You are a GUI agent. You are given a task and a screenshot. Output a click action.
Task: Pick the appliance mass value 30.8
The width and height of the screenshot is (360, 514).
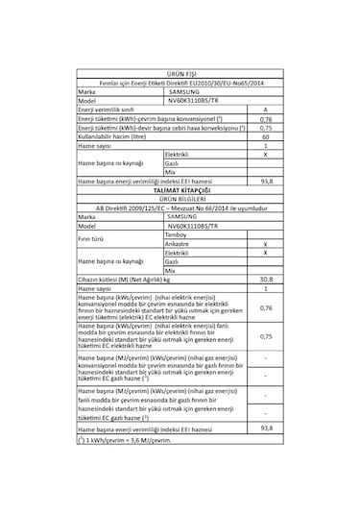click(x=264, y=278)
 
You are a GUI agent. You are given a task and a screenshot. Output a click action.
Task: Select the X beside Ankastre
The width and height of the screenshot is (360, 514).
click(x=264, y=243)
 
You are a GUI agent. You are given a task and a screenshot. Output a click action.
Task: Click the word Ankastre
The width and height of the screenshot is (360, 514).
click(x=179, y=243)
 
